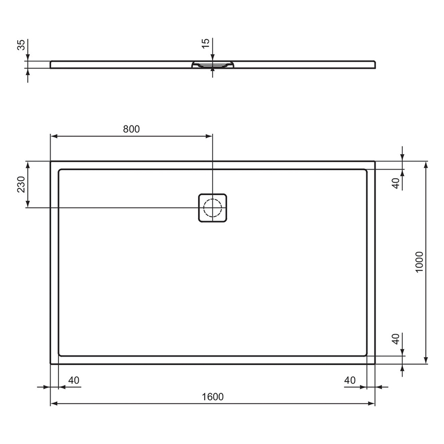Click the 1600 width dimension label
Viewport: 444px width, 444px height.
(x=213, y=396)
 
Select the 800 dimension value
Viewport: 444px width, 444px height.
(x=132, y=129)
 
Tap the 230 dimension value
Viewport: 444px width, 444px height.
(x=21, y=184)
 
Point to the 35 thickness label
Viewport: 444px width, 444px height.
(x=21, y=45)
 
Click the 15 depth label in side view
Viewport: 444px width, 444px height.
(x=206, y=43)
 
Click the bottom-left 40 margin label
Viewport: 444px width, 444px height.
(x=74, y=380)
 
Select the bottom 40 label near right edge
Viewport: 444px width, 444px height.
(x=350, y=380)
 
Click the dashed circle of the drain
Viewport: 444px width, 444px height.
(x=213, y=208)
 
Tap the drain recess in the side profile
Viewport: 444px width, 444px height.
(x=213, y=65)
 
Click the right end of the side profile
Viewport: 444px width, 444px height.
(x=373, y=64)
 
